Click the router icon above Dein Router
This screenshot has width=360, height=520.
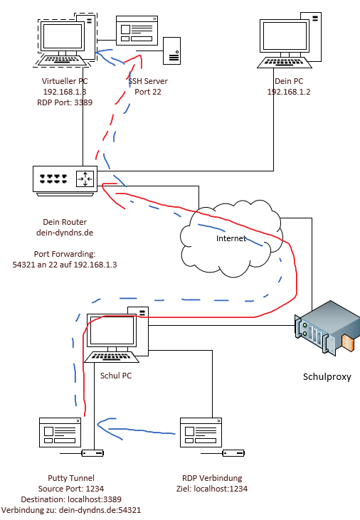point(64,179)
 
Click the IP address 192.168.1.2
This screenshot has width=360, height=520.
point(290,92)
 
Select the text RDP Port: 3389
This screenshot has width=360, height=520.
point(65,102)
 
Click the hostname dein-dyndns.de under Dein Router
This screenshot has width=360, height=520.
point(65,232)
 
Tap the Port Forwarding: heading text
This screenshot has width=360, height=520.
point(65,254)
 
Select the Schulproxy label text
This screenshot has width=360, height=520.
point(327,376)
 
